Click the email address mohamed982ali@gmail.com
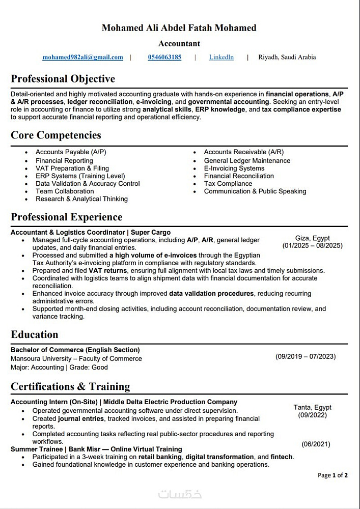click(82, 57)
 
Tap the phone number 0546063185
click(164, 57)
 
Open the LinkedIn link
click(221, 57)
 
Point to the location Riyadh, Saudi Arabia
click(287, 57)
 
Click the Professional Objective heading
click(63, 79)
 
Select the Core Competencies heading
click(56, 135)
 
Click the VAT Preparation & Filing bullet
click(72, 168)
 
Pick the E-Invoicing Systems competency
click(234, 168)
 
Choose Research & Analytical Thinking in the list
click(81, 199)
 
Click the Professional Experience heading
click(66, 217)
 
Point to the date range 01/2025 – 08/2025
click(312, 245)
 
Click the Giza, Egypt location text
click(312, 238)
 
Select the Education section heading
click(35, 334)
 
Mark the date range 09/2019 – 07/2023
click(306, 357)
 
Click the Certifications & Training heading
click(70, 386)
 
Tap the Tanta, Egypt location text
click(312, 407)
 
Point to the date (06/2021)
click(316, 444)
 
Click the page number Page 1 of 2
click(333, 475)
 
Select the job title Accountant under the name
click(179, 44)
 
